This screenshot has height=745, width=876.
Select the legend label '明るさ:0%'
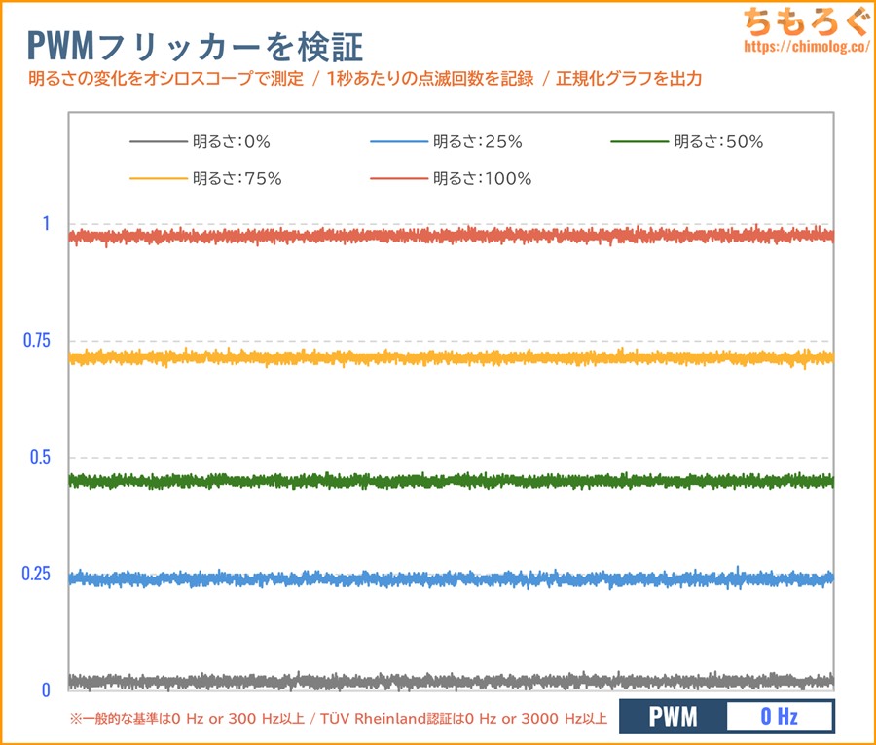[x=231, y=142]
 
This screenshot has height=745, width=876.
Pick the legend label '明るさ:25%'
[x=477, y=142]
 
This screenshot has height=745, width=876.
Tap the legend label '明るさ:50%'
[x=718, y=142]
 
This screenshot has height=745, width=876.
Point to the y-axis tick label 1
[x=45, y=223]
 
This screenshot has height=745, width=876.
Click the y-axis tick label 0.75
[x=36, y=340]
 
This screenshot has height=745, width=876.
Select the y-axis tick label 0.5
[x=39, y=457]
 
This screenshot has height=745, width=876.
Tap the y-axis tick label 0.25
[x=36, y=574]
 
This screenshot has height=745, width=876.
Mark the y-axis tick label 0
[x=45, y=690]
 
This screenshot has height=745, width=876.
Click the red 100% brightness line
[x=448, y=236]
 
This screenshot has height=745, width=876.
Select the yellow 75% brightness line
[x=448, y=357]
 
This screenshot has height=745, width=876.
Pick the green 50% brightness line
[x=448, y=481]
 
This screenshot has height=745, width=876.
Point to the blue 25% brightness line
[x=448, y=578]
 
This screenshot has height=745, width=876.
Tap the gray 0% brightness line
[x=448, y=681]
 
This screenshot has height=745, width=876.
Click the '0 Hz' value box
[x=779, y=718]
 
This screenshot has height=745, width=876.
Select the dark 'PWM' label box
[x=674, y=718]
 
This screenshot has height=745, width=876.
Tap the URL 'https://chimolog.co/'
[x=804, y=46]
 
